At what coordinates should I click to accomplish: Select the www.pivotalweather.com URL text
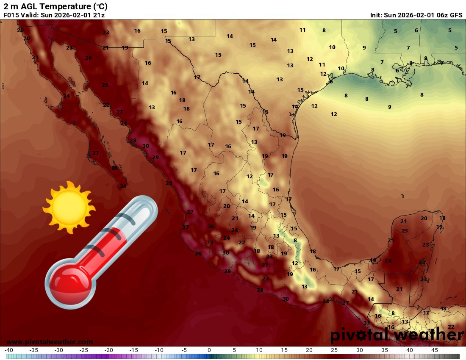(x=50, y=342)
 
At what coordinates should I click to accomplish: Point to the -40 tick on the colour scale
(x=9, y=350)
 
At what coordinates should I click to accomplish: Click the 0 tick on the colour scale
(x=209, y=350)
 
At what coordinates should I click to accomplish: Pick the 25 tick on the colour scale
(x=334, y=350)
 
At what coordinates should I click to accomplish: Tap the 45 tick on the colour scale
(x=434, y=350)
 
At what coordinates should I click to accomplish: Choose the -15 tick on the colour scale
(x=134, y=350)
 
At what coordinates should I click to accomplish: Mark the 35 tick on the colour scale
(x=384, y=350)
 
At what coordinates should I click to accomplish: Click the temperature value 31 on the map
(x=366, y=323)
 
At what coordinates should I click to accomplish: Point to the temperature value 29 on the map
(x=155, y=158)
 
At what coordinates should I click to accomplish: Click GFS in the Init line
(x=456, y=15)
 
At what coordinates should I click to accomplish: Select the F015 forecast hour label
(x=11, y=15)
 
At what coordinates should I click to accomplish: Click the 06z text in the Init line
(x=442, y=15)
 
